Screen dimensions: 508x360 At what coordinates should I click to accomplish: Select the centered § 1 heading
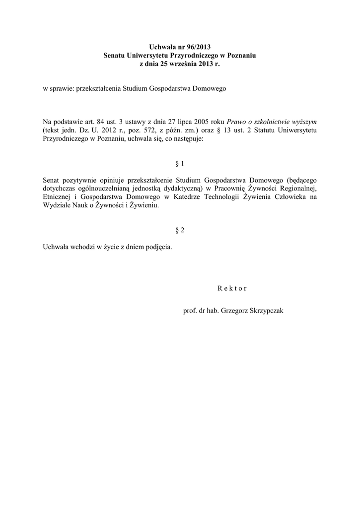(x=180, y=163)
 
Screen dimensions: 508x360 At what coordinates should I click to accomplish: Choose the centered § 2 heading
(x=180, y=230)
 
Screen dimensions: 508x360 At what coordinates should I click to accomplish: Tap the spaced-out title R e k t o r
(x=232, y=288)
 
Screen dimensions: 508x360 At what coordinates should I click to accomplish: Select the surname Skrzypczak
(x=265, y=311)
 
